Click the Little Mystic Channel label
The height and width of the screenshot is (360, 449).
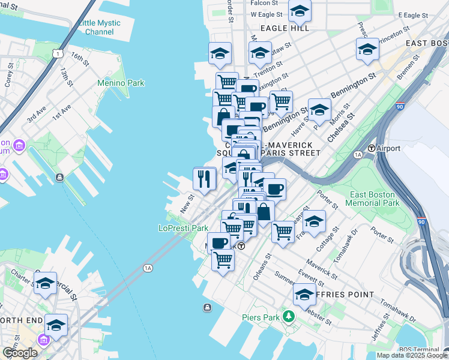click(x=100, y=28)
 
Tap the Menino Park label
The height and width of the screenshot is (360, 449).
click(x=122, y=83)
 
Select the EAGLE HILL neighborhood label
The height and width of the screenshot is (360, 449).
click(x=285, y=28)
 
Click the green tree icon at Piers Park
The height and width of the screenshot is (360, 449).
click(x=289, y=316)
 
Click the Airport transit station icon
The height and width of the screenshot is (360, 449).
click(x=372, y=148)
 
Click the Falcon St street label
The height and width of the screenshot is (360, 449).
click(x=263, y=3)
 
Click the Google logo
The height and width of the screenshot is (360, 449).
click(x=20, y=353)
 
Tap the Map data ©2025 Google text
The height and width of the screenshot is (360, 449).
click(x=412, y=355)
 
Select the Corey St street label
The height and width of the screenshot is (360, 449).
click(x=8, y=79)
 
